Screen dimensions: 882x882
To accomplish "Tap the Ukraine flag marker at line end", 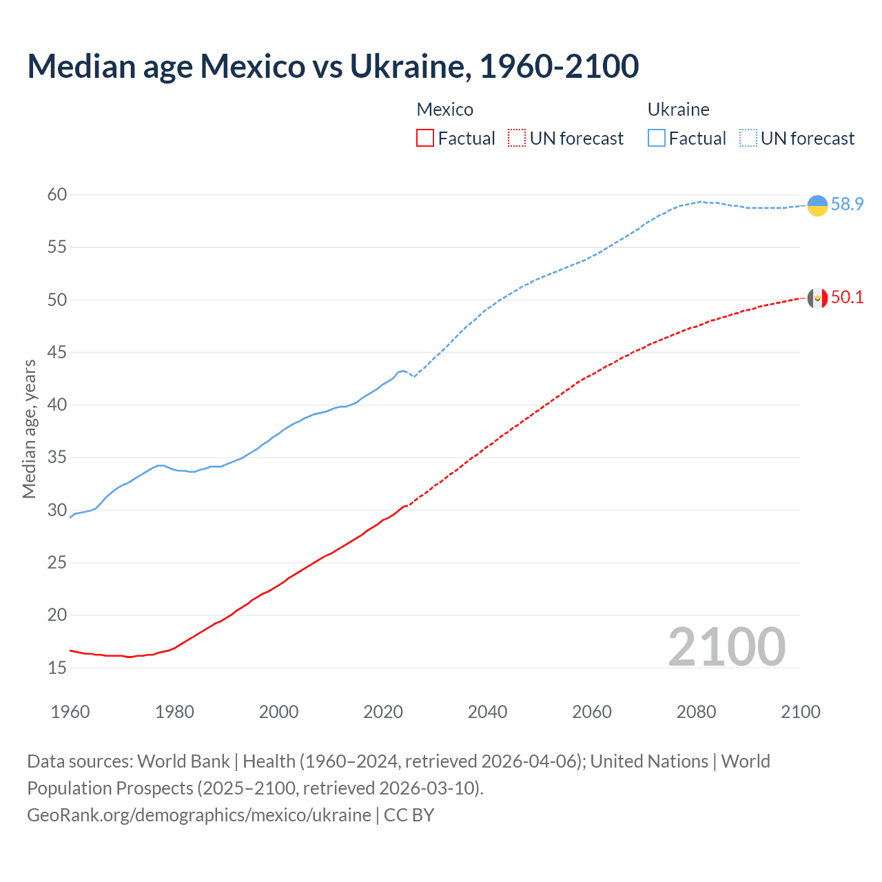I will point(817,205).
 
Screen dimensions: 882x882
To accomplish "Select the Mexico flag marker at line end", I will point(817,298).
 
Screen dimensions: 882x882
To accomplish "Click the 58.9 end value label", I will point(847,205).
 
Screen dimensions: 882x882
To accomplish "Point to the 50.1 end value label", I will point(847,298).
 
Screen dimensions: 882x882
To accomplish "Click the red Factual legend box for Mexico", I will point(425,139).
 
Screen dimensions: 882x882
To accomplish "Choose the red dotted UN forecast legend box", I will point(517,139).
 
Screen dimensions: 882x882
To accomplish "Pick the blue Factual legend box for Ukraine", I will point(657,139).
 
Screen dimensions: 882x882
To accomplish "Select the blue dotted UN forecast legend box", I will point(748,139).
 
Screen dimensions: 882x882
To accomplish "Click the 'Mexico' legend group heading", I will point(445,110).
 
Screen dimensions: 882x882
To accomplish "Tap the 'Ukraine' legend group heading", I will point(678,110).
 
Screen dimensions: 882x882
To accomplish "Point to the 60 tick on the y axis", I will point(57,195).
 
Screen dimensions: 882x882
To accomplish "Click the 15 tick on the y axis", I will point(57,668).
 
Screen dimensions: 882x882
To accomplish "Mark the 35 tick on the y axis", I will point(57,458).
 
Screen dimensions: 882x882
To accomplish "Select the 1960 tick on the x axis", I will point(70,712).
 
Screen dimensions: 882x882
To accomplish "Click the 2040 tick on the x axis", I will point(487,712).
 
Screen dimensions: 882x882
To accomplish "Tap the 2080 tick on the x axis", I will point(696,712).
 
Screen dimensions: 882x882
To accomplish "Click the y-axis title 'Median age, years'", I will point(29,429).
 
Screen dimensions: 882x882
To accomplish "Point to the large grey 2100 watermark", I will point(726,647).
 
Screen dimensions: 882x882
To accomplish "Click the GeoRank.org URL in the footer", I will point(199,815).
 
